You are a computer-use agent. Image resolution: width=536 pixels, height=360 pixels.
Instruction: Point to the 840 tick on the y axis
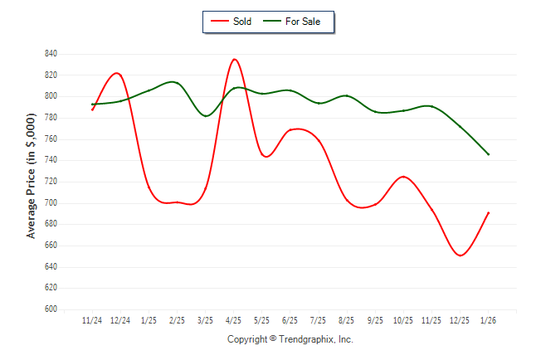[51, 54]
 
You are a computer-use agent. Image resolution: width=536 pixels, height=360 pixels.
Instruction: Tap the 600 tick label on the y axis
[51, 309]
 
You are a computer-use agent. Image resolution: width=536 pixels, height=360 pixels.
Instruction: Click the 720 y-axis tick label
[51, 182]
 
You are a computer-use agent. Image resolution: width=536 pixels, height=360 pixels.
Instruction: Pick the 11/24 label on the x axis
[93, 320]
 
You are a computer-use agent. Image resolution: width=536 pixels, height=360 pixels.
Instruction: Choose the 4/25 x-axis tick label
[234, 320]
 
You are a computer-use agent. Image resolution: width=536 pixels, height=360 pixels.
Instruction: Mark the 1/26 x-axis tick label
[488, 320]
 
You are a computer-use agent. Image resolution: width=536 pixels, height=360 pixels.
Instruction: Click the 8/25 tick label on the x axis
[347, 320]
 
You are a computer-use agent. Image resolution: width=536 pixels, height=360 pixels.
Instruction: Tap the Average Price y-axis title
[32, 182]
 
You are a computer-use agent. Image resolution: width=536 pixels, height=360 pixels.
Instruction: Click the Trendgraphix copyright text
[290, 339]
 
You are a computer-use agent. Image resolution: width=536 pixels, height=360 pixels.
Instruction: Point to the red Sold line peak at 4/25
[235, 60]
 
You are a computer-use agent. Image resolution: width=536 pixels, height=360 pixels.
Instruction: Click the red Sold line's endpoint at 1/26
[489, 212]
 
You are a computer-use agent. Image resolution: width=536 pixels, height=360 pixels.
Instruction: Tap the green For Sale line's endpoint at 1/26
[489, 154]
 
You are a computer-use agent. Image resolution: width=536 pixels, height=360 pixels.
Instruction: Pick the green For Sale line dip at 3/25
[206, 115]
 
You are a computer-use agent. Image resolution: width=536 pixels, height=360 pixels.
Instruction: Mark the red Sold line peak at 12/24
[117, 74]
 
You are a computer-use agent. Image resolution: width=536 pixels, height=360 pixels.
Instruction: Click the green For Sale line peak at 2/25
[173, 82]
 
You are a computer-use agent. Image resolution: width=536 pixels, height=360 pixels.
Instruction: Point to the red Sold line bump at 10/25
[403, 177]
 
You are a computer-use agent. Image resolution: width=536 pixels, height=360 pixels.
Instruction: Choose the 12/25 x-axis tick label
[460, 320]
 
